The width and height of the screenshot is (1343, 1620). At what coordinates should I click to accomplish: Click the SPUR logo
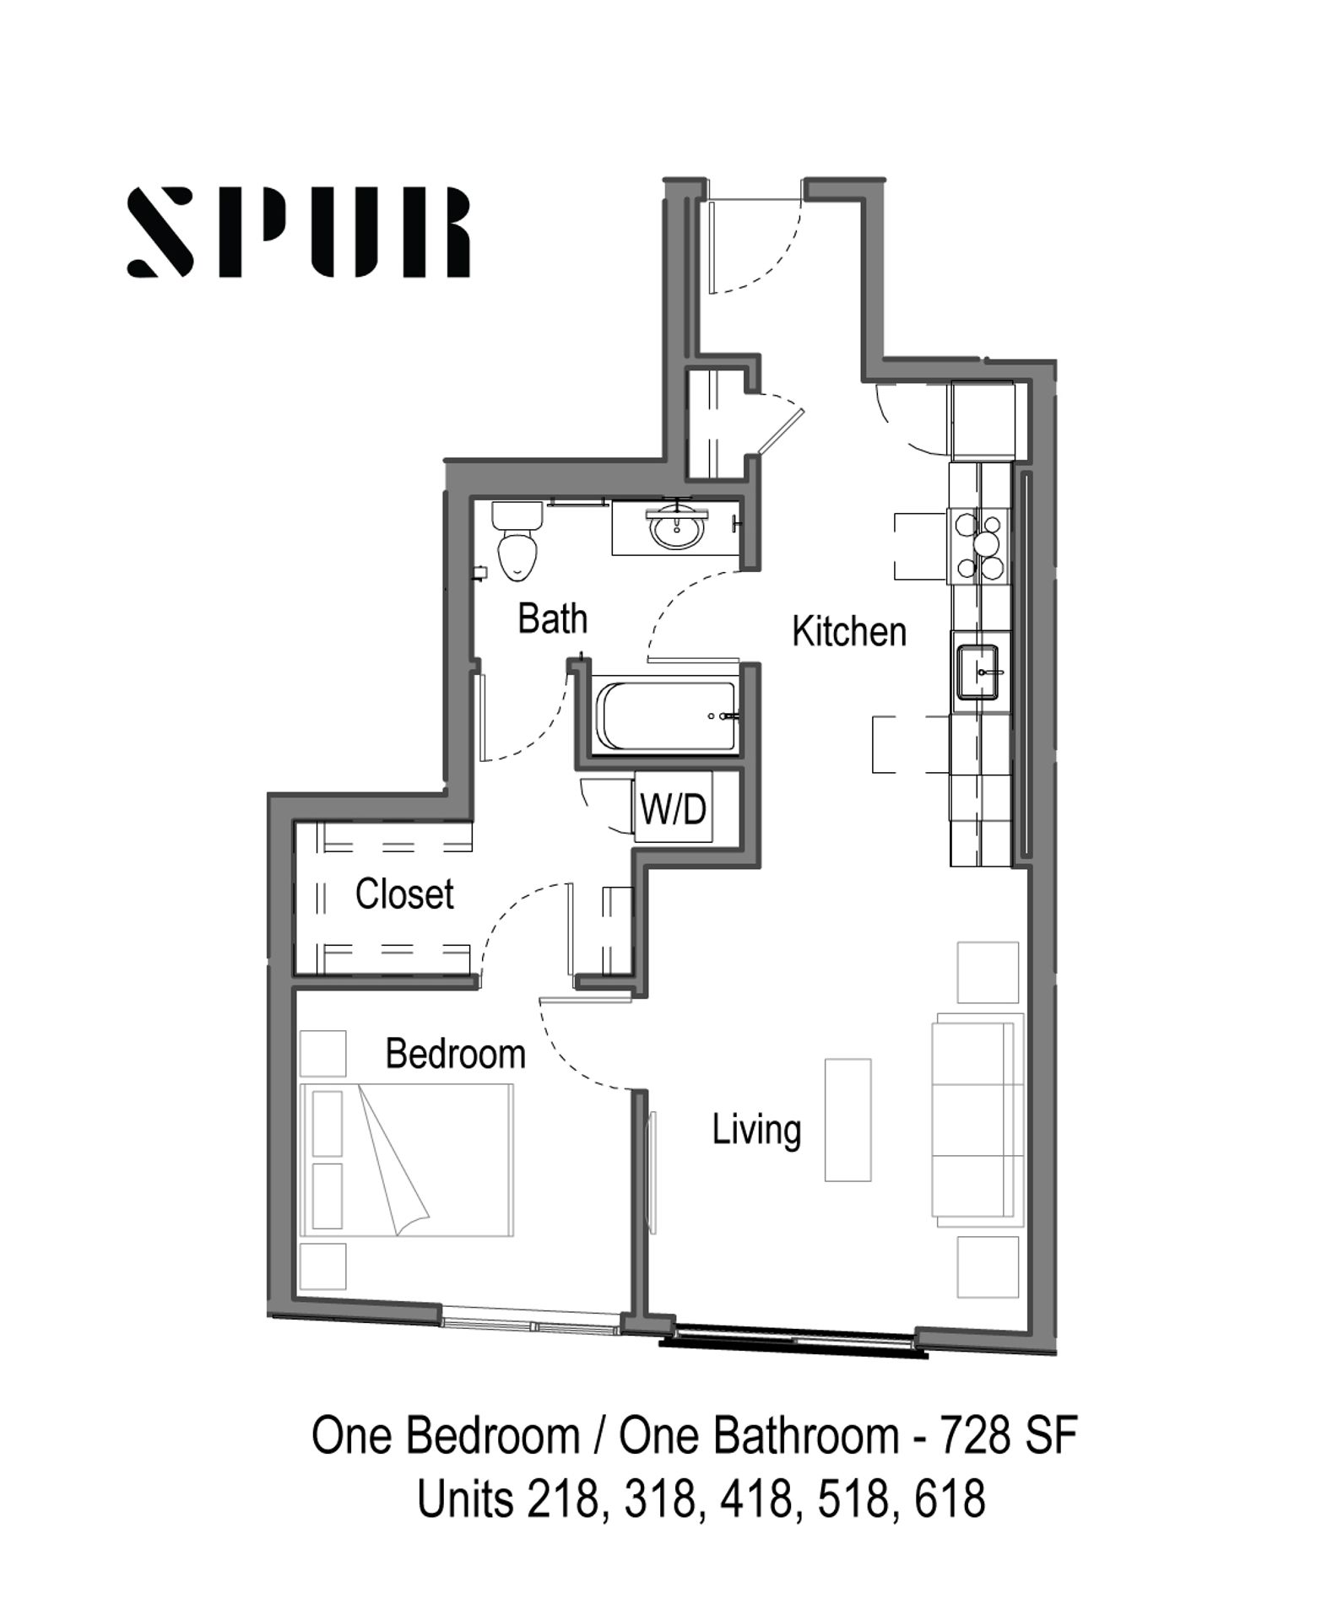coord(298,232)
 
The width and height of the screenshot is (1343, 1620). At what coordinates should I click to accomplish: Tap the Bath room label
coord(552,618)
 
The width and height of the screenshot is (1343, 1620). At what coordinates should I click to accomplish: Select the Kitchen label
coord(849,631)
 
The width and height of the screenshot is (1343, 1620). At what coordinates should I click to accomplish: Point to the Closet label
coord(404,894)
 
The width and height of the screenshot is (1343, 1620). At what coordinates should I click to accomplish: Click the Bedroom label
coord(456,1054)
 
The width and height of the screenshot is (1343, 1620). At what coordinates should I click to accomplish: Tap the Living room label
coord(756,1130)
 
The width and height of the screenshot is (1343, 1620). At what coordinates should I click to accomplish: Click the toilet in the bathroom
coord(517,541)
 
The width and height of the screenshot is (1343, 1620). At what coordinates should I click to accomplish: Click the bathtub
coord(665,716)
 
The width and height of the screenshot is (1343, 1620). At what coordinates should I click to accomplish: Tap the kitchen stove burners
coord(979,546)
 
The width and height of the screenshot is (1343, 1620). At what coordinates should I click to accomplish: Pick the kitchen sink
coord(978,672)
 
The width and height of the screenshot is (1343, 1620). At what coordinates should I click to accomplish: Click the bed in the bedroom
coord(407,1160)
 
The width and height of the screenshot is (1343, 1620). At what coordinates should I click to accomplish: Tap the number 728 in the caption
coord(974,1435)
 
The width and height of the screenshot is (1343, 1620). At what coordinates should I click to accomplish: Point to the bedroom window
coord(532,1319)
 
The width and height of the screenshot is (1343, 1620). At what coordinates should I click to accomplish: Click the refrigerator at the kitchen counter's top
coord(983,419)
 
